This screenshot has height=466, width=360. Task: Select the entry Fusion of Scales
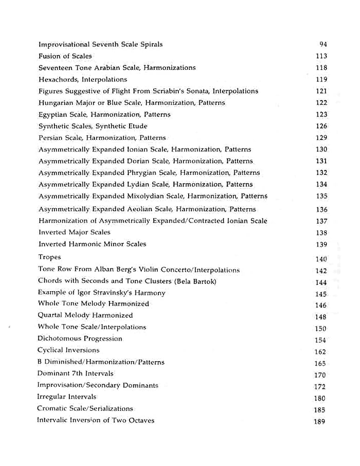(65, 56)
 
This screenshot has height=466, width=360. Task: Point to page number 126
(321, 126)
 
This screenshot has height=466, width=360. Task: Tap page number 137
(321, 221)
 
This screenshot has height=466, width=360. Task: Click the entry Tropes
(49, 257)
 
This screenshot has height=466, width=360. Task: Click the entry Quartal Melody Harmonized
(85, 315)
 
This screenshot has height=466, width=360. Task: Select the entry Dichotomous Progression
(80, 339)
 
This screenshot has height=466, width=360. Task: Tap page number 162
(320, 352)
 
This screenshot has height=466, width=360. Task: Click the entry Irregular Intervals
(67, 397)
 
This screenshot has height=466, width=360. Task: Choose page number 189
(320, 422)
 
